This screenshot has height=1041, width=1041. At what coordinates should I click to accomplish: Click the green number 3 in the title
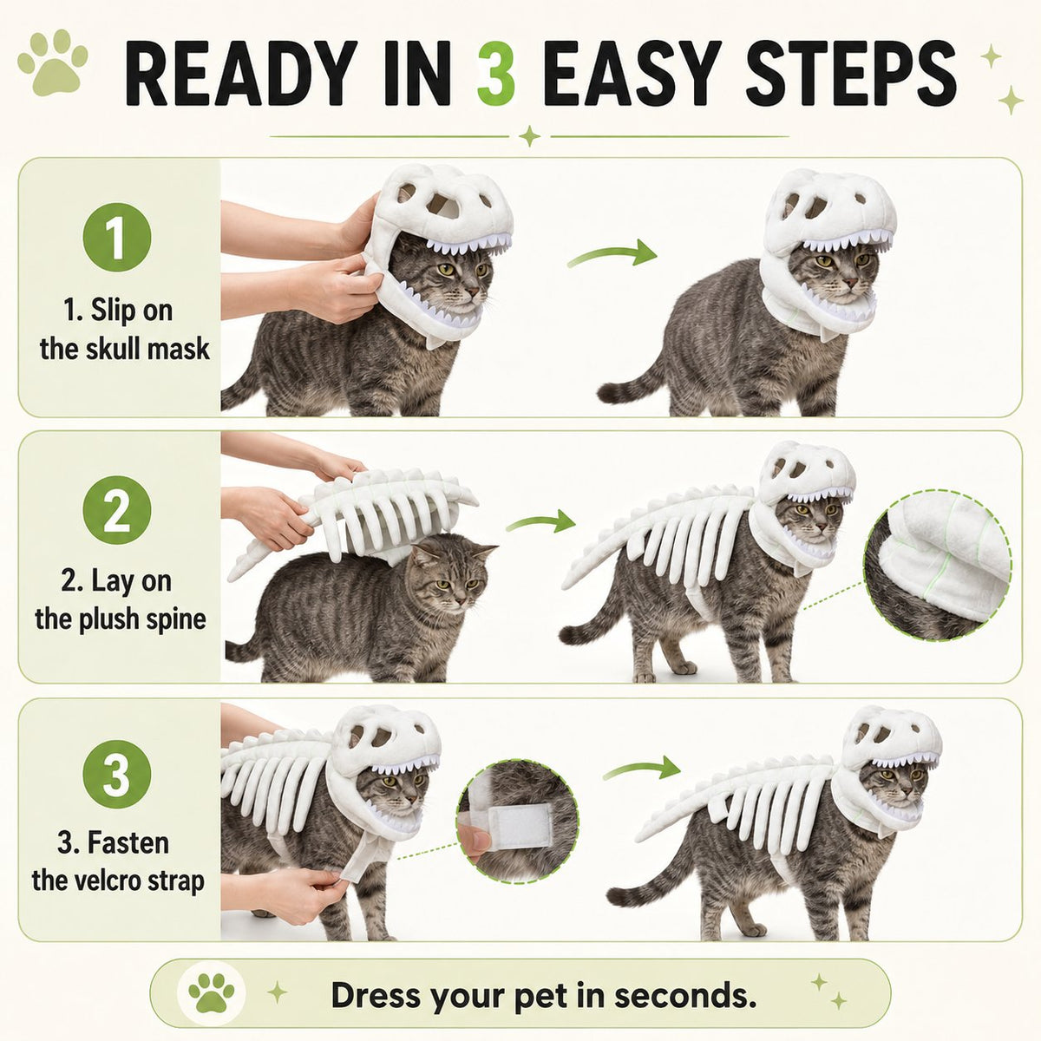[x=496, y=74]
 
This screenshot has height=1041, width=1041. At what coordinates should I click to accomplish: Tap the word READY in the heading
[x=241, y=74]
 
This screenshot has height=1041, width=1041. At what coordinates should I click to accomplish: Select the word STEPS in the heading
[x=851, y=74]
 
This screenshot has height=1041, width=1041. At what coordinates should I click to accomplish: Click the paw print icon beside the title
[x=53, y=62]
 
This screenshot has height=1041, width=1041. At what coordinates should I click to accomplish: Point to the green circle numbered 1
[x=117, y=237]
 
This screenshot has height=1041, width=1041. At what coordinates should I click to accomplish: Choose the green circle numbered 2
[x=117, y=510]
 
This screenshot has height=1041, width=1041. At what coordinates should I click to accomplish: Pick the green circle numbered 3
[x=117, y=774]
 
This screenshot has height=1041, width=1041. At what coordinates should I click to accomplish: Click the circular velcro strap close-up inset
[x=518, y=821]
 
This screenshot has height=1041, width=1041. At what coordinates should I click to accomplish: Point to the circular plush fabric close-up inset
[x=938, y=566]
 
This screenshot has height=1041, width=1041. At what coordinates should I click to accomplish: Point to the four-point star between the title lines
[x=529, y=136]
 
